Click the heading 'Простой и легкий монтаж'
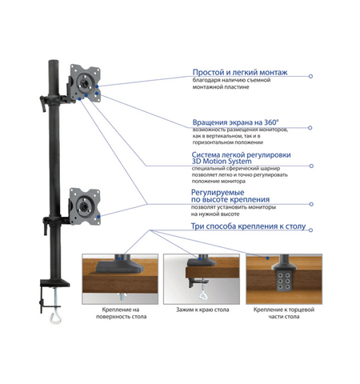[240, 72]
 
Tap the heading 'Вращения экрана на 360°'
[236, 122]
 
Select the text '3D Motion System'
[222, 162]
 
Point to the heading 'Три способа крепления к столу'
[248, 226]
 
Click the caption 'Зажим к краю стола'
[202, 310]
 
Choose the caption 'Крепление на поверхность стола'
[121, 313]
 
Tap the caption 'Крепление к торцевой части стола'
[284, 313]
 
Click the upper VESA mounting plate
[86, 82]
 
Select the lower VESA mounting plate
[85, 206]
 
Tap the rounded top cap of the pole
[54, 62]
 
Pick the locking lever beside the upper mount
[42, 103]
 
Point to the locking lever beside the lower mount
[46, 226]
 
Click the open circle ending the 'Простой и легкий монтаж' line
[310, 76]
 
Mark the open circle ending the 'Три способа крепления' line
[310, 230]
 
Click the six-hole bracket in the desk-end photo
[283, 281]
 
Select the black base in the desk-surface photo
[119, 266]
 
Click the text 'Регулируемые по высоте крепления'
[230, 196]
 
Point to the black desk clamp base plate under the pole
[55, 282]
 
